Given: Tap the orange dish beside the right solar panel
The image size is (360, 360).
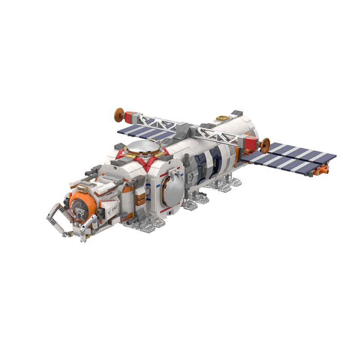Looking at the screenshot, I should tap(265, 145).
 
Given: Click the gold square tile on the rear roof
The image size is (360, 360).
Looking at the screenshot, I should tap(221, 118).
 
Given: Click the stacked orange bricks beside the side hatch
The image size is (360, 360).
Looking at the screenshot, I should tap(141, 198).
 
